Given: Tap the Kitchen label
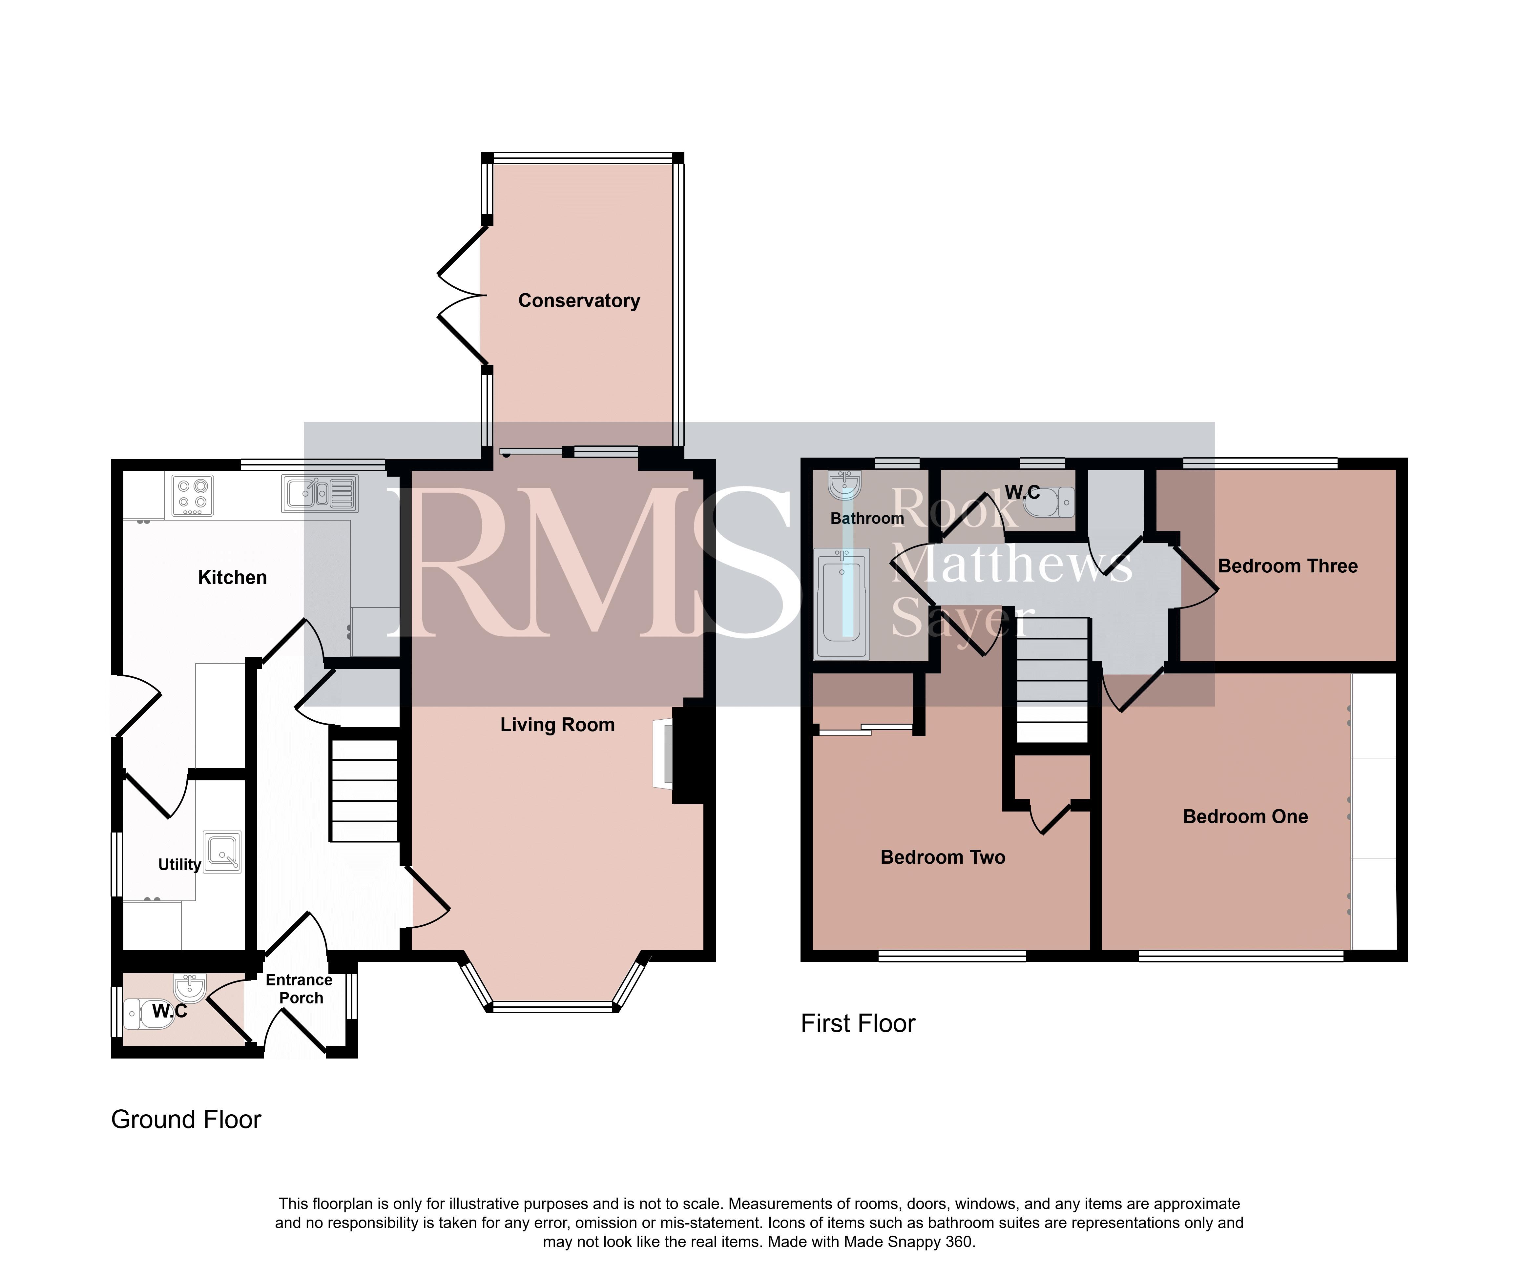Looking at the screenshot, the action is (x=232, y=577).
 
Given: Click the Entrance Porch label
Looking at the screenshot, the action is (x=300, y=989).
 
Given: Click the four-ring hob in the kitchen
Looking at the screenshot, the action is (x=192, y=496).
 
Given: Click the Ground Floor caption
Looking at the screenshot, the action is (x=186, y=1120).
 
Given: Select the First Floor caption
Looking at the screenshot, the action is (x=858, y=1023).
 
